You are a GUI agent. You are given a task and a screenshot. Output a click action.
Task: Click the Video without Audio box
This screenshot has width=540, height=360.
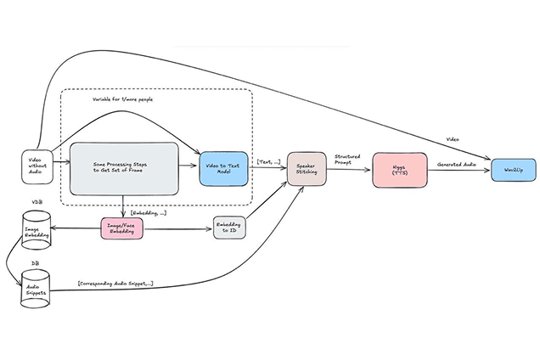36,166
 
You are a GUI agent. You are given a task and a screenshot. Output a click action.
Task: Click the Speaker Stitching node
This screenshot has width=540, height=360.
305,169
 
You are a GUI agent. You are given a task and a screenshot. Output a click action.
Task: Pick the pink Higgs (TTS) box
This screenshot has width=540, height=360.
398,169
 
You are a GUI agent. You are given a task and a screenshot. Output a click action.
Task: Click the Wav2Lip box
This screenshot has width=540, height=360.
513,169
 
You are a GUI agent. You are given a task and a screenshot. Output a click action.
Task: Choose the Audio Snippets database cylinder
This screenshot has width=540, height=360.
36,289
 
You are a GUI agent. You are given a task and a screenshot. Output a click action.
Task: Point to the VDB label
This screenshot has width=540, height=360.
36,203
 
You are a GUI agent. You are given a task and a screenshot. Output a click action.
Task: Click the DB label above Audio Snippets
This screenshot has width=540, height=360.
35,263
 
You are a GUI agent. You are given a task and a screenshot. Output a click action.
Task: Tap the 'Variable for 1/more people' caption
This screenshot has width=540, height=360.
121,98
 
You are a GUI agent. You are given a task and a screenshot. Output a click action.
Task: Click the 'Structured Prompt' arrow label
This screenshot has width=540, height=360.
348,158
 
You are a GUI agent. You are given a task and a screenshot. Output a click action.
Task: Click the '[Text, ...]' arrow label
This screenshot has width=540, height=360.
268,160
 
